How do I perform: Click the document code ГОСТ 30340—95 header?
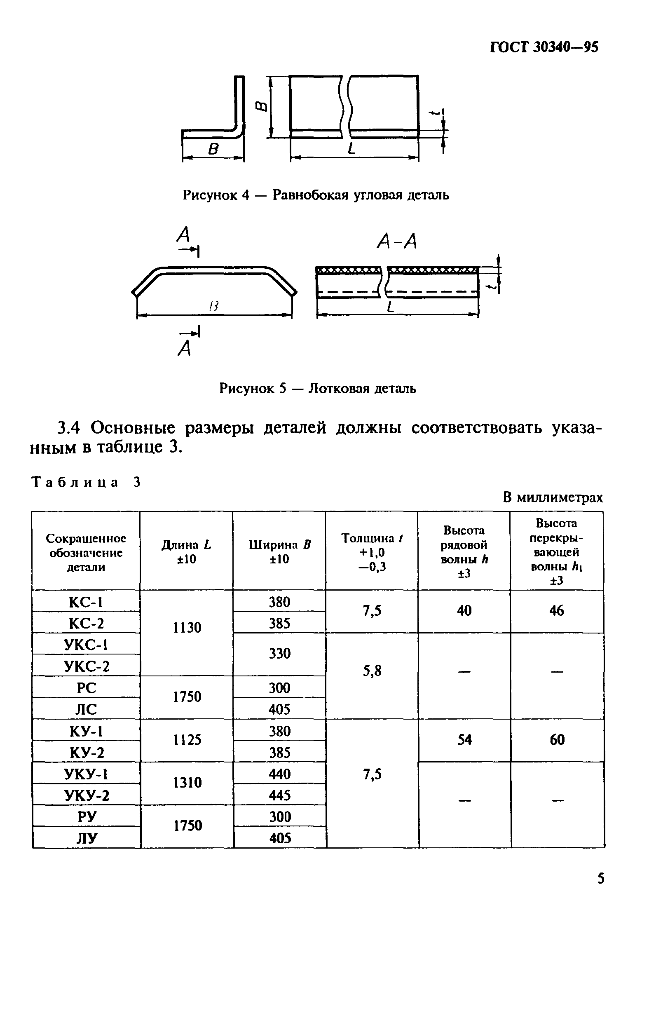(544, 47)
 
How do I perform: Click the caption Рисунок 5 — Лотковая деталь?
(318, 388)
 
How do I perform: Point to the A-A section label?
(396, 242)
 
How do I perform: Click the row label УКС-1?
(86, 644)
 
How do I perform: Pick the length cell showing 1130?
(187, 627)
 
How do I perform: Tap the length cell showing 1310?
(187, 783)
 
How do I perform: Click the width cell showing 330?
(279, 654)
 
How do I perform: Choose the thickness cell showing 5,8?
(372, 671)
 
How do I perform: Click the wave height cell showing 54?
(464, 739)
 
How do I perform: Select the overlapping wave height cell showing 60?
(557, 739)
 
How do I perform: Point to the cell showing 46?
(556, 610)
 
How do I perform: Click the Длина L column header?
(186, 552)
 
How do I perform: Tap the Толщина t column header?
(372, 552)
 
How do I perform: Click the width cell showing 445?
(279, 795)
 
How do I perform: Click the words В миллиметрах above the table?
(553, 497)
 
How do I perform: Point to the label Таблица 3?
(86, 482)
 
